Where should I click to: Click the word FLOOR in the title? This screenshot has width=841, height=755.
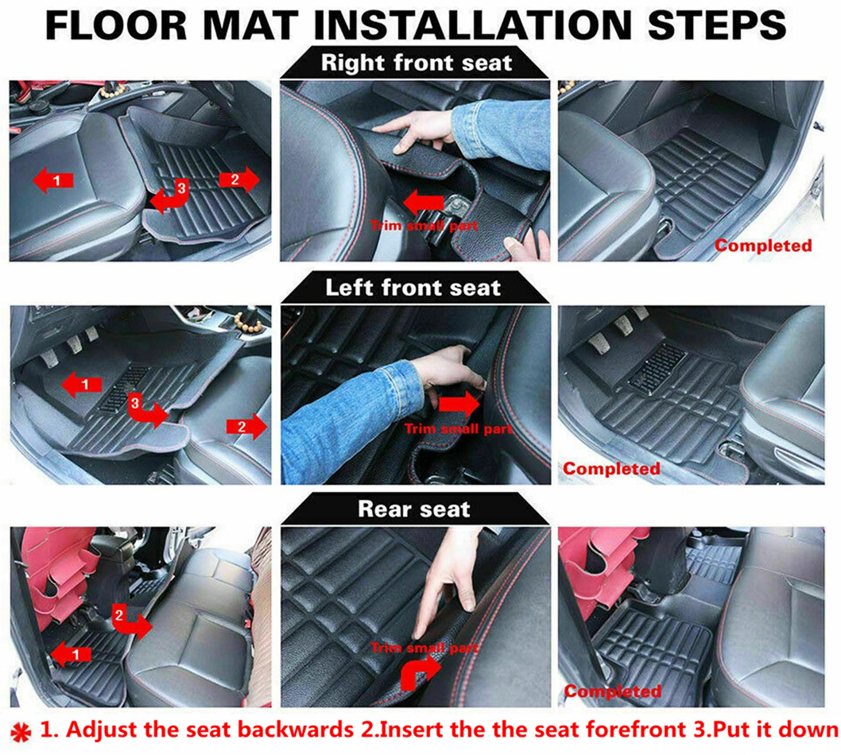point(116,25)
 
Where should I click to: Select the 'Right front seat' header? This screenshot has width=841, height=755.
point(417,63)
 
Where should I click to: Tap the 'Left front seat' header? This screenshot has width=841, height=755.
point(413,288)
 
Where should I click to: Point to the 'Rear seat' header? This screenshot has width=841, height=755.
point(414,509)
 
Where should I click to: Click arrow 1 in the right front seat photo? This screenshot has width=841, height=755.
point(53,180)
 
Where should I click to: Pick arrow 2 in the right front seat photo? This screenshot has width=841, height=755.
point(239,179)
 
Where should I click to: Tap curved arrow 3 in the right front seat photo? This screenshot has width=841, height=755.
point(169,197)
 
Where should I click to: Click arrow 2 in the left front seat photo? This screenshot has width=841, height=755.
point(246,426)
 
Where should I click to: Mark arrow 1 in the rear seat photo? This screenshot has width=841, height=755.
point(71,653)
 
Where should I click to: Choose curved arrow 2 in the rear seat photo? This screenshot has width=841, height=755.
point(130,621)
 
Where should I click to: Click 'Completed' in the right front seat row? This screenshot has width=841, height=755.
point(763,246)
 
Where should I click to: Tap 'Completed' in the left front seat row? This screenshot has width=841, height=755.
point(611,469)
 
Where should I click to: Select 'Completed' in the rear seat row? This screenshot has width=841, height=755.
point(613,691)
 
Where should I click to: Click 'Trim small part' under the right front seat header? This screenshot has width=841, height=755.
point(424,225)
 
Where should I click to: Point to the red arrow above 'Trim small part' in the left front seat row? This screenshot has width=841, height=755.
point(459,404)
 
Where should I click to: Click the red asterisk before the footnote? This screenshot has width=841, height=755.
point(21,732)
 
